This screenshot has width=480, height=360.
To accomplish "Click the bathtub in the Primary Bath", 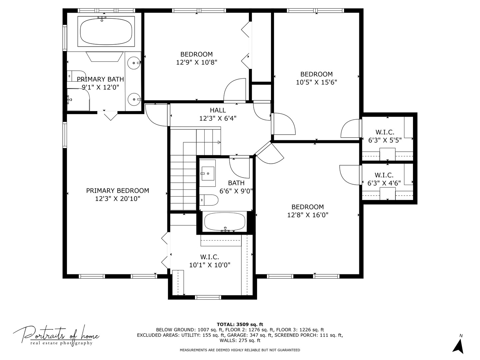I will click(x=106, y=32).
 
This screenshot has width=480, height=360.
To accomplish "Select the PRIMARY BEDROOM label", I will click(x=117, y=191).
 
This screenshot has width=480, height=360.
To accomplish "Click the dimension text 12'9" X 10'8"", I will click(x=197, y=62).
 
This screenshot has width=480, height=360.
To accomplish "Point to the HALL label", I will click(x=218, y=110).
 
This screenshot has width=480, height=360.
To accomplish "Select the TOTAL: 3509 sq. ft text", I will click(x=240, y=324).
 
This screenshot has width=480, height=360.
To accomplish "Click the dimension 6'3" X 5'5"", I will click(x=385, y=140).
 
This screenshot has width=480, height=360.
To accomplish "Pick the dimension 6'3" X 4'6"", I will click(x=384, y=183).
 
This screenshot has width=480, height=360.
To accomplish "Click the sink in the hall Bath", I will click(x=208, y=173).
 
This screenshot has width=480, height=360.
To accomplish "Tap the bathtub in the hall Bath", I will click(x=224, y=222).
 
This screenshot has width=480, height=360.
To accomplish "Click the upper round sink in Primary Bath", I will click(x=134, y=62).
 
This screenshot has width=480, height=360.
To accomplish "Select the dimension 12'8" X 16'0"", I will click(x=308, y=215).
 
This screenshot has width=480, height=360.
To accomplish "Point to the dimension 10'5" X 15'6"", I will click(x=316, y=82).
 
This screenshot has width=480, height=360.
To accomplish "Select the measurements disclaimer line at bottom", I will click(x=240, y=350).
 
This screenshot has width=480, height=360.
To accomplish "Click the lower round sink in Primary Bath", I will click(x=134, y=99).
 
